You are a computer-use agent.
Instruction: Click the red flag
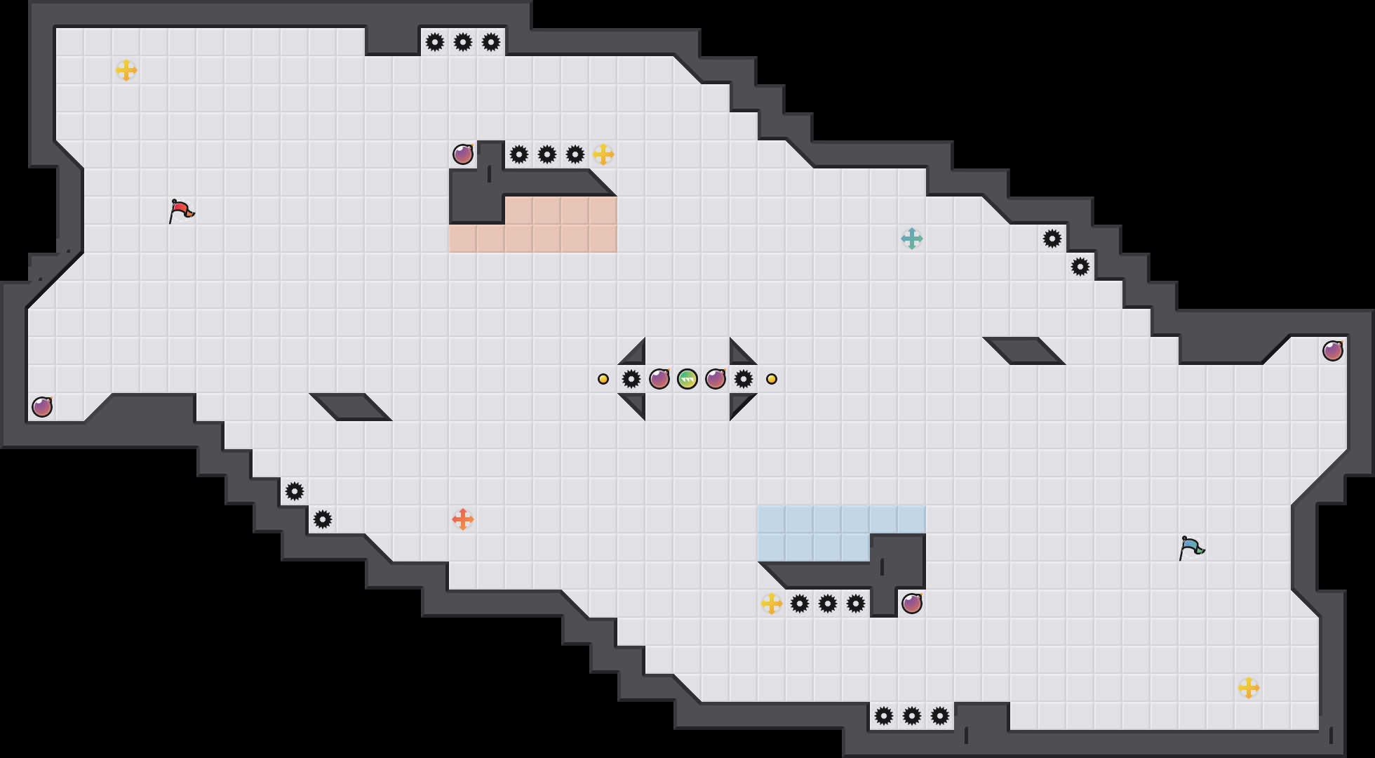[181, 210]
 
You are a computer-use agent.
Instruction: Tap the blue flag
[1191, 547]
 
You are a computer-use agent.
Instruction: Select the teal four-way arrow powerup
[911, 239]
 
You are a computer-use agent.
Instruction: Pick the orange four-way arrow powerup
[462, 519]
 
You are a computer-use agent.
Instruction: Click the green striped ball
[687, 379]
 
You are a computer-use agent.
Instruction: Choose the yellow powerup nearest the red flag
[126, 70]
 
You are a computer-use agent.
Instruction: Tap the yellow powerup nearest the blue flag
[1248, 688]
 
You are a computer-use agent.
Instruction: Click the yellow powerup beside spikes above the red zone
[603, 154]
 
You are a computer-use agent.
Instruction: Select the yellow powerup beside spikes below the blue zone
[772, 604]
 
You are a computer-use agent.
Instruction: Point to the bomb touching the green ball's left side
[659, 379]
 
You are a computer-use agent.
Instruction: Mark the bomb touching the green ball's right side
[716, 379]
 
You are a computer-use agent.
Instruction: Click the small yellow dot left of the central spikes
[603, 379]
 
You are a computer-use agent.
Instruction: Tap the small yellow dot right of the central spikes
[772, 379]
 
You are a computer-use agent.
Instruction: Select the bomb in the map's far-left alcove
[42, 407]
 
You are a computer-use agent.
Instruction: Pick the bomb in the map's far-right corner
[1333, 351]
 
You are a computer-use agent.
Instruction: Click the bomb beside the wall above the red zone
[463, 154]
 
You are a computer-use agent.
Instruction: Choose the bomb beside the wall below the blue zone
[912, 604]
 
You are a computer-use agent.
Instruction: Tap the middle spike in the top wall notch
[463, 42]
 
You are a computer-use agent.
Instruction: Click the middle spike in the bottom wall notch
[912, 716]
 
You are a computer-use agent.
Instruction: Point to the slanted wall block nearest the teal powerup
[1024, 351]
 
